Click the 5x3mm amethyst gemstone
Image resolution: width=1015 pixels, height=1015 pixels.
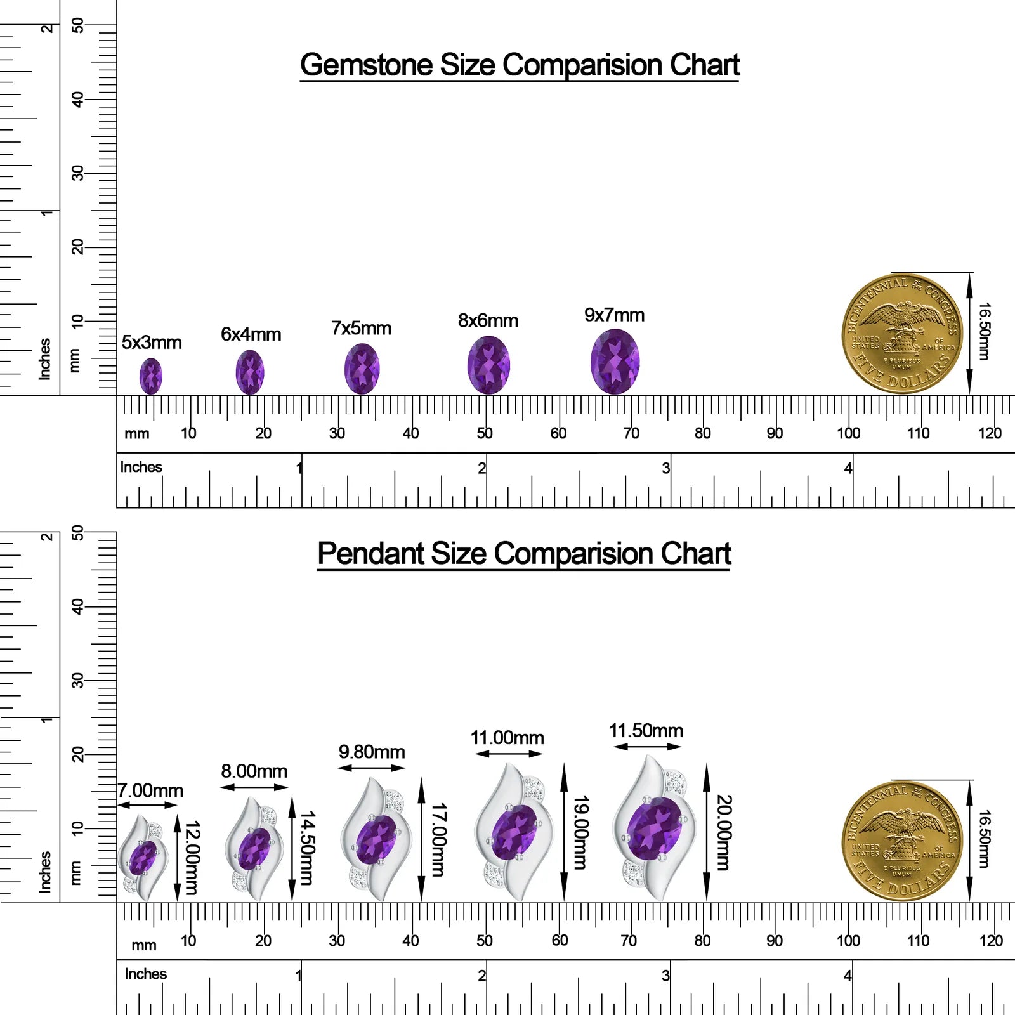(151, 376)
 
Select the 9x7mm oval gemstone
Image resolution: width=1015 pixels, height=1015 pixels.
(615, 362)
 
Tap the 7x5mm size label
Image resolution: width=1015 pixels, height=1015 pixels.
(361, 329)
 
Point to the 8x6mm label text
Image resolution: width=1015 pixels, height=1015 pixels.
(488, 321)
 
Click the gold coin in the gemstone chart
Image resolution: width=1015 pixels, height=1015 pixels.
(901, 334)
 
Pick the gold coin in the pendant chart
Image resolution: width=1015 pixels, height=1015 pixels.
(901, 841)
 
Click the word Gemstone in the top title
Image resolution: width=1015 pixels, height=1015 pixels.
(366, 65)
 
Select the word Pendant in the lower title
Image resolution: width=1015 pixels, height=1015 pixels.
(370, 553)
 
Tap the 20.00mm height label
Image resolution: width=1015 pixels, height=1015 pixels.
(724, 832)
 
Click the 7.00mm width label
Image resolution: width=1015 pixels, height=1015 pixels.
(151, 790)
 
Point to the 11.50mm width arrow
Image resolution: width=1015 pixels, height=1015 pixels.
(648, 747)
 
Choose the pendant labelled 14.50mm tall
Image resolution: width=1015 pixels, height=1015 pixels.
(254, 849)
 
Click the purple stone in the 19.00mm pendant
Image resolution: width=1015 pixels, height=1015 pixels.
(514, 832)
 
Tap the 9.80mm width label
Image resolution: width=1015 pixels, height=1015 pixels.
(372, 752)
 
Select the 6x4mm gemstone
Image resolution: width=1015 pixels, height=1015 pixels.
(250, 372)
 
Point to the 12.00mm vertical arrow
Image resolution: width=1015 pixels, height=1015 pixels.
(178, 857)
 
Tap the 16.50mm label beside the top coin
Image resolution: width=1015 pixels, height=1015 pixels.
(983, 331)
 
